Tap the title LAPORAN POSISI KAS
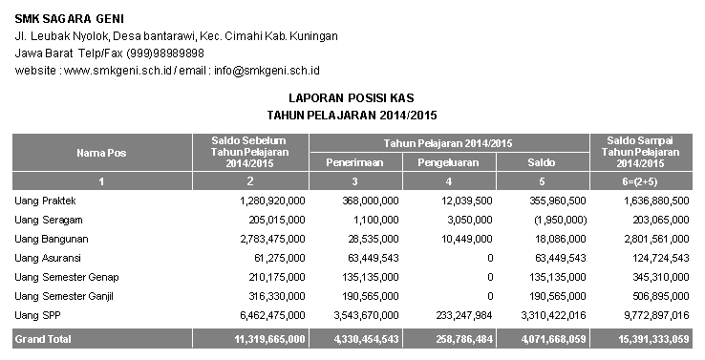[352, 98]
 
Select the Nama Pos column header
[100, 153]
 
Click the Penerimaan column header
[355, 162]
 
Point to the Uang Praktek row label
[45, 201]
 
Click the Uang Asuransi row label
[47, 258]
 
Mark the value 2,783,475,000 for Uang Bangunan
[267, 239]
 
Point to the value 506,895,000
[653, 295]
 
